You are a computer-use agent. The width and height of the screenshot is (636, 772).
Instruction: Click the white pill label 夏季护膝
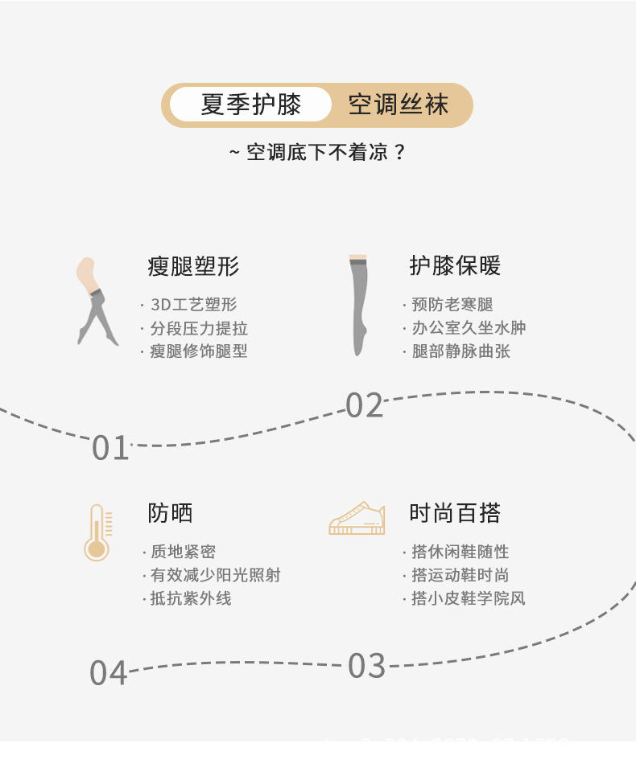(x=250, y=105)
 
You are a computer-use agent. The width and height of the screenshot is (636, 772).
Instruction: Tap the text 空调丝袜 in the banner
(x=398, y=105)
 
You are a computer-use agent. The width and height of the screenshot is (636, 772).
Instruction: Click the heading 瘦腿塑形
(x=193, y=266)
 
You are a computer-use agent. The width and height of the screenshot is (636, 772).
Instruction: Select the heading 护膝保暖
(x=455, y=266)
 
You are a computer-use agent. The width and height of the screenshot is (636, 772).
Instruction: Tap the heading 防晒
(x=170, y=513)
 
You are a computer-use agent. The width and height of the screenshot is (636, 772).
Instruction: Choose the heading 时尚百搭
(x=455, y=513)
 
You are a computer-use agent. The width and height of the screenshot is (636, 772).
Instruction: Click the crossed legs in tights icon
(x=96, y=302)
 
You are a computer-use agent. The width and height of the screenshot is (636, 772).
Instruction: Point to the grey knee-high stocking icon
(x=358, y=305)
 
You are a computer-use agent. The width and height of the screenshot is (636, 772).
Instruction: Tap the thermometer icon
(x=97, y=532)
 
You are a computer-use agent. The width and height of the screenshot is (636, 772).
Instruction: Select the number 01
(x=110, y=448)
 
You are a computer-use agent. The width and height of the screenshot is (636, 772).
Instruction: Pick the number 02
(x=365, y=406)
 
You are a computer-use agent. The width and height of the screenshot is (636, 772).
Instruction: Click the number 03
(x=367, y=666)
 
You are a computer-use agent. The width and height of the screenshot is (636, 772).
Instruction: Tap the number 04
(x=109, y=673)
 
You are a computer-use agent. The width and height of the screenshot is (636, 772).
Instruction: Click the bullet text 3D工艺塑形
(x=193, y=305)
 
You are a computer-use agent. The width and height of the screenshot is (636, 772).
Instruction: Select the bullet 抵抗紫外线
(x=191, y=598)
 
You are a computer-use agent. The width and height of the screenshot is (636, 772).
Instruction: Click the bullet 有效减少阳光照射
(x=215, y=575)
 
